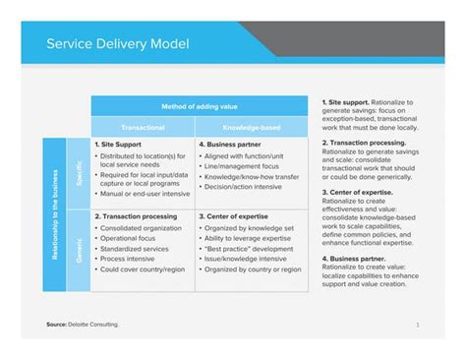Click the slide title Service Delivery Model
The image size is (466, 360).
point(118,44)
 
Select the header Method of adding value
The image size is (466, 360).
point(199,106)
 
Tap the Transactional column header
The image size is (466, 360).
point(143,128)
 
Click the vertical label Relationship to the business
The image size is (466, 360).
point(53,214)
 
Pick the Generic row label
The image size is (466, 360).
point(78,251)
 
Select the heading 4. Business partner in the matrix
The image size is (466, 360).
point(233,144)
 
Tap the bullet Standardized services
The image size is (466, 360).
point(136,248)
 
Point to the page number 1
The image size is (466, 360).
point(418,324)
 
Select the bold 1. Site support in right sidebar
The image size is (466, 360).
point(343,101)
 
